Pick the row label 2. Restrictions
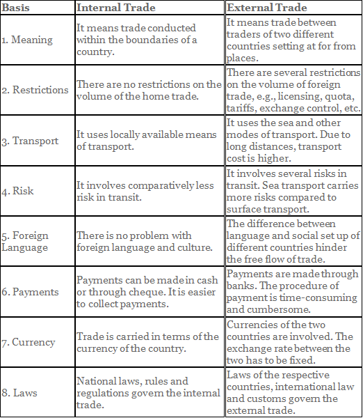click(x=35, y=90)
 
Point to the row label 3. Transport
click(x=31, y=141)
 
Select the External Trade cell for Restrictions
click(x=293, y=91)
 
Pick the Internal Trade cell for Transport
click(x=146, y=141)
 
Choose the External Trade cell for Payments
click(x=293, y=291)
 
